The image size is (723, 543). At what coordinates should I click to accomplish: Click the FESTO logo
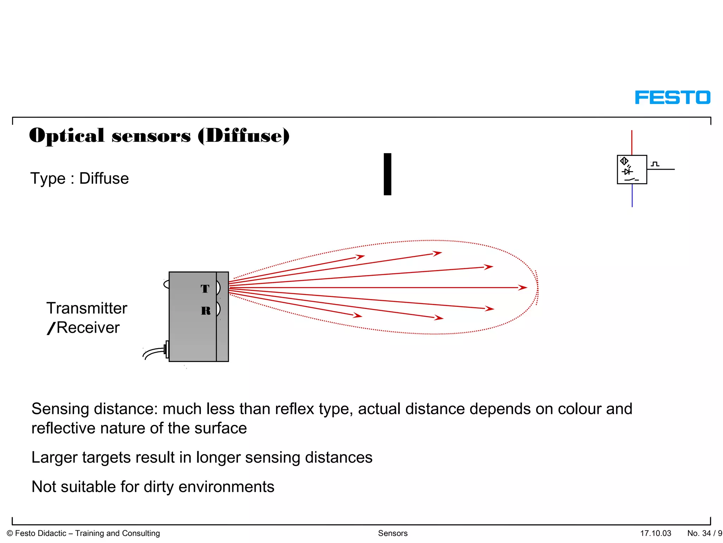click(672, 97)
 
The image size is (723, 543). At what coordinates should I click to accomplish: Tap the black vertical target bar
click(387, 174)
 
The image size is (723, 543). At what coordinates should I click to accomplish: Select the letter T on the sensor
click(205, 288)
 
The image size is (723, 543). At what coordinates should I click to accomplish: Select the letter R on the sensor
click(205, 310)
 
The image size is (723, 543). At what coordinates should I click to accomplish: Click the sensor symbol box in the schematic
click(632, 169)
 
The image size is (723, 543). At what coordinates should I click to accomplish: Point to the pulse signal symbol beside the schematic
click(655, 164)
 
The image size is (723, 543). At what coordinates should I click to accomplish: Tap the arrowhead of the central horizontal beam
click(523, 288)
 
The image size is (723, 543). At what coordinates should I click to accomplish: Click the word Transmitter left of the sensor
click(87, 308)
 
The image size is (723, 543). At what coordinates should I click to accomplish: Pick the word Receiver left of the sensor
click(88, 328)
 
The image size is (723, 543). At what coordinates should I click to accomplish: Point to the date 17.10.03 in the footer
click(656, 533)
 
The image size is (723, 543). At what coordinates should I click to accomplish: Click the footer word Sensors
click(393, 533)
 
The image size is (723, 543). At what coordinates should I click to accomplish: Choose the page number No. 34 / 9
click(704, 533)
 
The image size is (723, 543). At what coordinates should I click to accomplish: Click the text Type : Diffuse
click(79, 179)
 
